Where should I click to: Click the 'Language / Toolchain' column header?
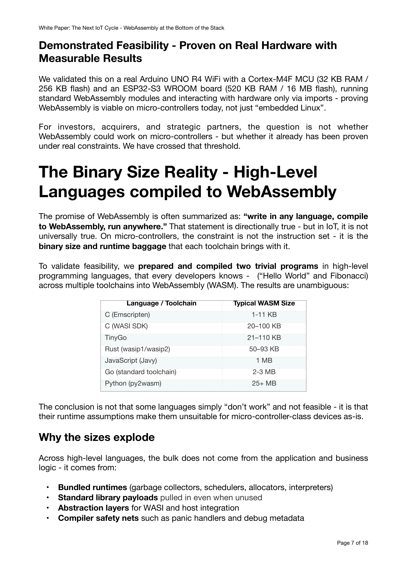pos(161,303)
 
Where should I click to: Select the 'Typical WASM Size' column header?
pos(264,303)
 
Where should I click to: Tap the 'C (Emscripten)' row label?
pos(127,315)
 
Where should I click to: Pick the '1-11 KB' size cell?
pos(264,315)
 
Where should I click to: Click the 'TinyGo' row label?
pos(116,338)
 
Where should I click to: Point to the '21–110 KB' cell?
pos(264,338)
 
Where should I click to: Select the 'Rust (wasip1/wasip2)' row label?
pos(137,349)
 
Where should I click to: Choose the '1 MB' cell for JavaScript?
pos(264,361)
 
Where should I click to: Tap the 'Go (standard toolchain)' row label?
pos(141,372)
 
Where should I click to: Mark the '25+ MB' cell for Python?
pos(264,383)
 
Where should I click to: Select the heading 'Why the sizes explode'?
pos(96,438)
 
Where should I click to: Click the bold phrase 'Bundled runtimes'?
pos(93,487)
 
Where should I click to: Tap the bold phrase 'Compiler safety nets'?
pos(98,518)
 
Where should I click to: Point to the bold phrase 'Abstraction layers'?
pos(94,508)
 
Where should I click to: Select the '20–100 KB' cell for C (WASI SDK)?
pos(264,326)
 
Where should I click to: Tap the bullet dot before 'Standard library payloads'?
pos(48,498)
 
